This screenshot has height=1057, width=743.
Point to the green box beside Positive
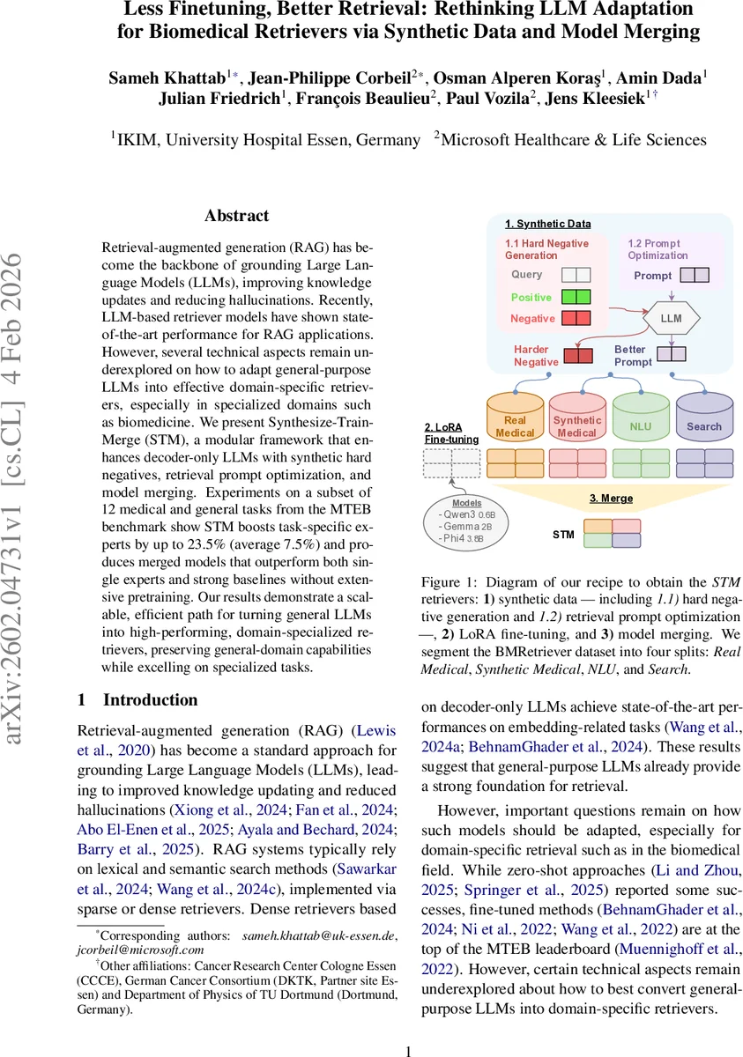[x=576, y=298]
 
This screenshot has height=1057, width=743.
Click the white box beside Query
[x=576, y=275]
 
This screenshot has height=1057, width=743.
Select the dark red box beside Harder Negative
[x=578, y=356]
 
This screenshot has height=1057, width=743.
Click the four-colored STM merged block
[x=613, y=533]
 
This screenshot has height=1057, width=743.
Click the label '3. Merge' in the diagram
[x=611, y=498]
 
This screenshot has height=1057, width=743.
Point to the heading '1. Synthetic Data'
[x=547, y=224]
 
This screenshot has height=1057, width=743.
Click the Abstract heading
[x=236, y=216]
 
